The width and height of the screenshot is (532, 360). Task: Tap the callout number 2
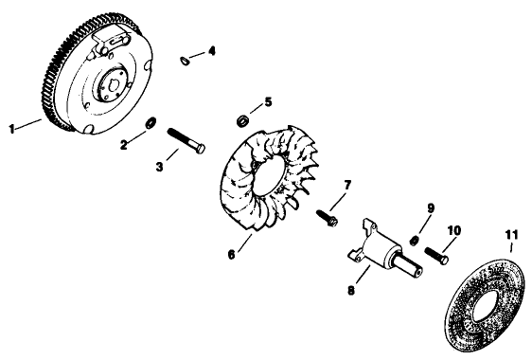click(124, 144)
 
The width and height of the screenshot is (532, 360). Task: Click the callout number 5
click(268, 100)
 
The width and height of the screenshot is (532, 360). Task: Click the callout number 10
click(454, 230)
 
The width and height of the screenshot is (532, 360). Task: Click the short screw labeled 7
click(326, 213)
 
